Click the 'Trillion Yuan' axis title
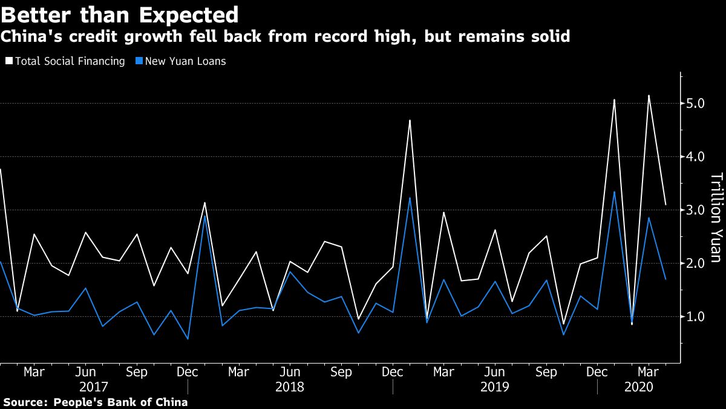click(716, 218)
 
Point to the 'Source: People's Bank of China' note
click(95, 402)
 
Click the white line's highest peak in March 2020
click(649, 96)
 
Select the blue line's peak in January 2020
click(615, 192)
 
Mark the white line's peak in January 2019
click(410, 121)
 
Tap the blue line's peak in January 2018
click(205, 215)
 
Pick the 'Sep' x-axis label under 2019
click(546, 372)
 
